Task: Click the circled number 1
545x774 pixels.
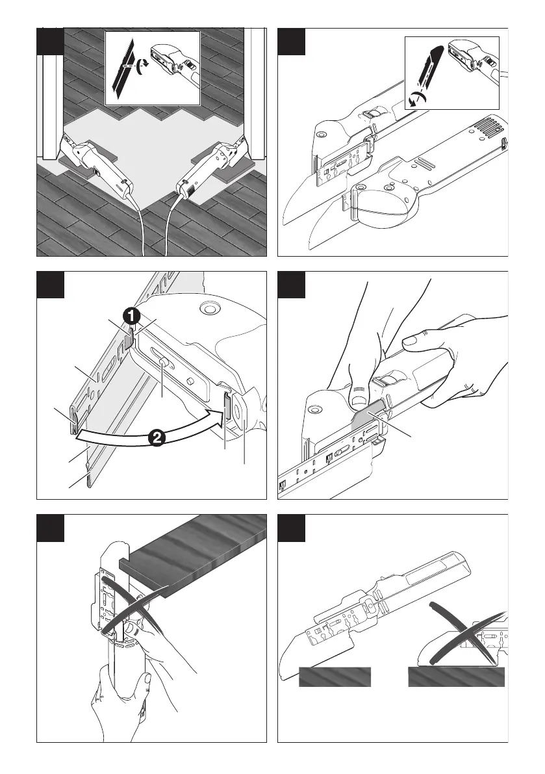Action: click(132, 317)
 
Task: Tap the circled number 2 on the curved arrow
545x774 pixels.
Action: click(156, 438)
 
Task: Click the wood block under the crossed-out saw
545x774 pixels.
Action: click(457, 677)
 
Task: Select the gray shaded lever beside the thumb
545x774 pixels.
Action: click(368, 419)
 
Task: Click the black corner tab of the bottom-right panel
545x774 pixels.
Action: click(291, 528)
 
